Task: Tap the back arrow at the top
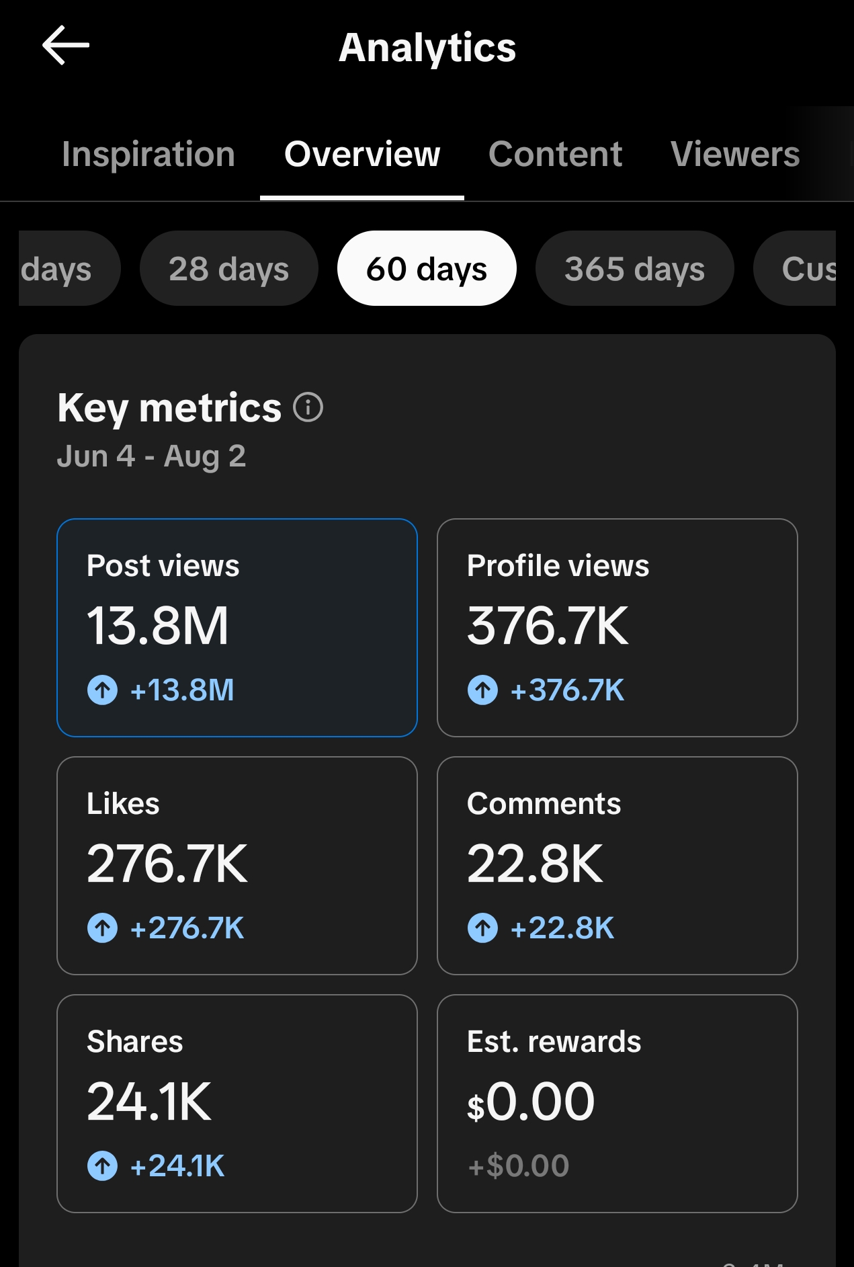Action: (66, 46)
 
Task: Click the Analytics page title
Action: (427, 48)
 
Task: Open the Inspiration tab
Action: (148, 154)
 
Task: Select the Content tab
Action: (555, 154)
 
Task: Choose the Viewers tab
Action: (735, 154)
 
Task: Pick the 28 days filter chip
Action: (228, 269)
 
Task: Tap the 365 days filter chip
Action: (634, 269)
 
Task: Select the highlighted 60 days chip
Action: (427, 269)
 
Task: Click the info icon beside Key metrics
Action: (308, 407)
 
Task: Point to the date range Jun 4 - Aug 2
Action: (152, 456)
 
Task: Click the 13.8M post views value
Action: (158, 626)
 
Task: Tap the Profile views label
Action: (558, 566)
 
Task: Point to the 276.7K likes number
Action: (167, 864)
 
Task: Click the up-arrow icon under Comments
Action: (483, 928)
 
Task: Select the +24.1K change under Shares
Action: (177, 1166)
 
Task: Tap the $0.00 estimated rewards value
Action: (531, 1102)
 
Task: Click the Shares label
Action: (135, 1042)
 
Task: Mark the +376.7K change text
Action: (567, 690)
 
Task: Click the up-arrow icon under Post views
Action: (103, 690)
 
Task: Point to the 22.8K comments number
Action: (536, 864)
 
